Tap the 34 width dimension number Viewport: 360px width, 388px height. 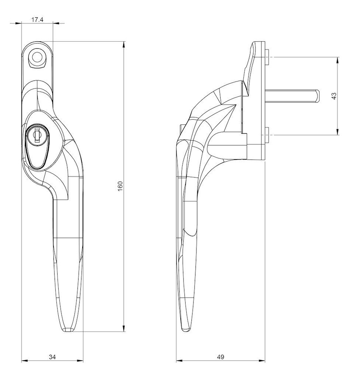pos(52,357)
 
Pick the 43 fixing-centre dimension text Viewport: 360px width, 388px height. pos(334,96)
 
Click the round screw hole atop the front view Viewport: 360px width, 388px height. pos(37,58)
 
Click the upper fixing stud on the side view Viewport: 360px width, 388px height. pos(267,58)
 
